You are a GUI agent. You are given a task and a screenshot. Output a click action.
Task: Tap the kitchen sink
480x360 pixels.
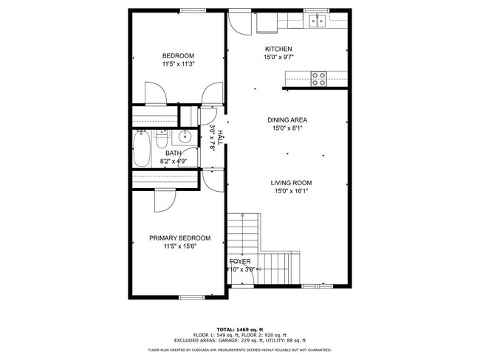coord(319,21)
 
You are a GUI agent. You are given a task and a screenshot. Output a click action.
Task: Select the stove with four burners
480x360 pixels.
coord(319,77)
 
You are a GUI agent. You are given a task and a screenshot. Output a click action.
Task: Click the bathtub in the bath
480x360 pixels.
coord(142,148)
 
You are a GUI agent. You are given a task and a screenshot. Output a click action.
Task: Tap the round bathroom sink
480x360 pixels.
coord(185,136)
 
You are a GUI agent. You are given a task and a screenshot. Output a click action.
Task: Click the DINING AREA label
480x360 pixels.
coord(287,120)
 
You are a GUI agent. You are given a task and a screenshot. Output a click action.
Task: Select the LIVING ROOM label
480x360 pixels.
coord(290,183)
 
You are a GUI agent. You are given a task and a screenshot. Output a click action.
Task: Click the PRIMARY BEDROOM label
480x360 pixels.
coord(179,238)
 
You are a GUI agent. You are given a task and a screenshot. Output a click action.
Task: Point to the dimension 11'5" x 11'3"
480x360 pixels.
coord(178,64)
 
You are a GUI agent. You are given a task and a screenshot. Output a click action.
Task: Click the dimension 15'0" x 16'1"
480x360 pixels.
coord(290,192)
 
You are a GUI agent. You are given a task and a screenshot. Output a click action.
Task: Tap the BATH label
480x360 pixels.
coord(174,153)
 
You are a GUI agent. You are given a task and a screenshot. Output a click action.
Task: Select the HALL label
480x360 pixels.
coord(219,137)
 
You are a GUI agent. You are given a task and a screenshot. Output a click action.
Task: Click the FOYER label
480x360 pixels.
coord(240,262)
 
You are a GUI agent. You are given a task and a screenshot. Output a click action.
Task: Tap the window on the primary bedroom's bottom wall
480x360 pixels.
coord(192,297)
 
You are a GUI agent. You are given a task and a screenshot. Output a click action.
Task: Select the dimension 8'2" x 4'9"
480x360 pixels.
coord(174,161)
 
